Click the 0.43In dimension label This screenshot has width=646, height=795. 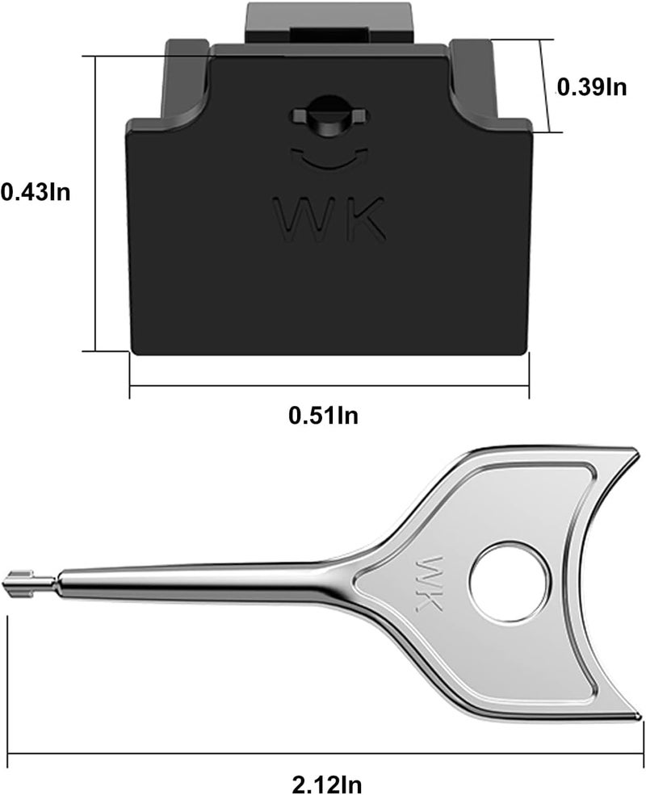point(36,192)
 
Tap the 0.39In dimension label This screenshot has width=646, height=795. point(592,87)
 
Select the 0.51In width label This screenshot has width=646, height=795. point(324,415)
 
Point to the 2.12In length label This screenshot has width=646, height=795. point(327,785)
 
